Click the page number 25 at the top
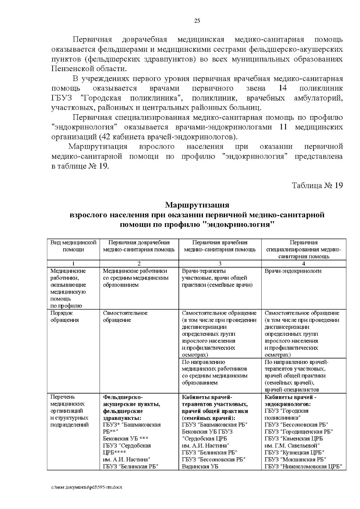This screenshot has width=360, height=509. (197, 21)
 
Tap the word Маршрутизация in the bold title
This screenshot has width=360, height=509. (197, 205)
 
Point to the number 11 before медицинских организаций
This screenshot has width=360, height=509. (283, 127)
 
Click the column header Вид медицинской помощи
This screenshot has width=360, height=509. (73, 246)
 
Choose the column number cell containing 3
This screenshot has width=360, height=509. (220, 264)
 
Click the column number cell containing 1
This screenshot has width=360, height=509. (73, 264)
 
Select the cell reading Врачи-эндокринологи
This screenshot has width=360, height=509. (293, 271)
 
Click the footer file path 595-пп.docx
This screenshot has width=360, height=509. (87, 487)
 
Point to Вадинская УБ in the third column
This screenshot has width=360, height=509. (200, 466)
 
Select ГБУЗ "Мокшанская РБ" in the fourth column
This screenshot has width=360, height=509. (295, 459)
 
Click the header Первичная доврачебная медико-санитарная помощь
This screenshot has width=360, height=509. (139, 246)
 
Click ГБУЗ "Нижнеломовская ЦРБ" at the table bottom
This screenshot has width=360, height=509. (303, 466)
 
